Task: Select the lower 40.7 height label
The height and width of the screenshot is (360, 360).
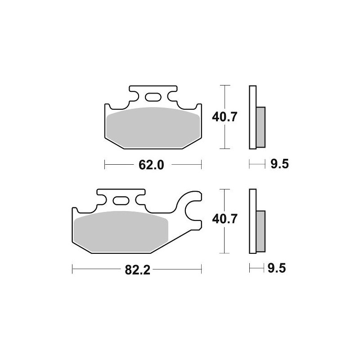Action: [x=225, y=220]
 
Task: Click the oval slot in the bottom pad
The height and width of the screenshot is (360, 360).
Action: [x=120, y=201]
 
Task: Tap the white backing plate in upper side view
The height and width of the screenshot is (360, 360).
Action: [x=252, y=117]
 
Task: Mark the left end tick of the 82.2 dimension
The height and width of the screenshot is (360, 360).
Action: [x=72, y=270]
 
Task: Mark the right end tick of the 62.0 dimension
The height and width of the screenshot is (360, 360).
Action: [x=202, y=165]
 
